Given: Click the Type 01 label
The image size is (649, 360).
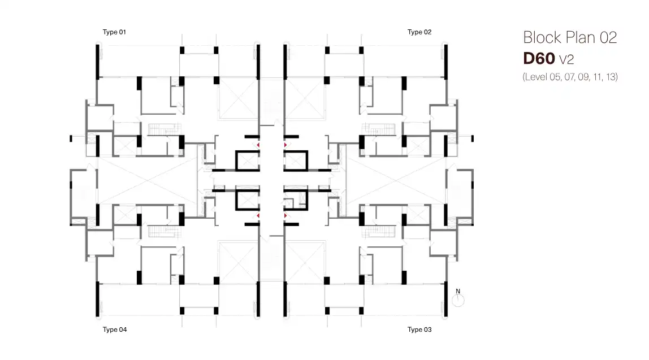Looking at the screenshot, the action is point(114,32).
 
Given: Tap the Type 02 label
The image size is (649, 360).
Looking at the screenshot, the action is point(419,32).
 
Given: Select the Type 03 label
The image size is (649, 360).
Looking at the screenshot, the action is point(419,329).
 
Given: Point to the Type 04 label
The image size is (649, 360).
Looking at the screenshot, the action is point(115,329).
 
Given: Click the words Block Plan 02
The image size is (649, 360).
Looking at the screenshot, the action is point(570,38).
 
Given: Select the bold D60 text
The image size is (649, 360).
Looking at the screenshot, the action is point(539,58).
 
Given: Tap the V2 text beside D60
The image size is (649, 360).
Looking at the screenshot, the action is point(566,60).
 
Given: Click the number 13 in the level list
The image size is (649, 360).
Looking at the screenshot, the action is point(611,77).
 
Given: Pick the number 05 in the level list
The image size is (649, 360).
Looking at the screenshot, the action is point(555,77).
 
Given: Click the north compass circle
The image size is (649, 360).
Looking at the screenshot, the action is point(458,301).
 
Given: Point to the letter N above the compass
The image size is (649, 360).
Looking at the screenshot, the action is point(458,291).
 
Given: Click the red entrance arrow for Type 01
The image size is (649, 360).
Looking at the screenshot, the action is point(258,145).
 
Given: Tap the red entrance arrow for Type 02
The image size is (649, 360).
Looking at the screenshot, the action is point(285,145).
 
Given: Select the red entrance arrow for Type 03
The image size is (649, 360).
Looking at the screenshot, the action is point(285,215).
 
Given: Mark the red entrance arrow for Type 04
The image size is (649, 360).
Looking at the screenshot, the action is point(258,215).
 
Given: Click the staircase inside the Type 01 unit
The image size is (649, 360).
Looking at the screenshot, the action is point(165,129).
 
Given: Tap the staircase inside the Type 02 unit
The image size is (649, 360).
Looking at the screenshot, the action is point(378,129).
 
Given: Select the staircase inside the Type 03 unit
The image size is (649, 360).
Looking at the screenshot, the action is point(378,231).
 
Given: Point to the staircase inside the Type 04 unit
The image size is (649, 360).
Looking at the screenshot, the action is point(165,231).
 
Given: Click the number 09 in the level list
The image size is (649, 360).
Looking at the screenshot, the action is point(583,77).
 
